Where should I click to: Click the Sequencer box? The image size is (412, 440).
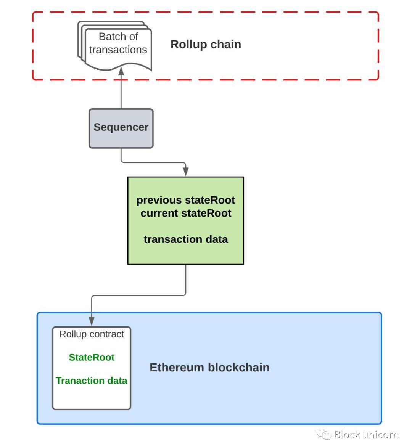(x=121, y=128)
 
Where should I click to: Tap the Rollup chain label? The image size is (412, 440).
(x=206, y=44)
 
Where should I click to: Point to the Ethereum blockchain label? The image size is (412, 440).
(x=209, y=367)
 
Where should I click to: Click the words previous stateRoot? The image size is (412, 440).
(x=186, y=200)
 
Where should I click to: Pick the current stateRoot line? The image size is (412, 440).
(x=186, y=213)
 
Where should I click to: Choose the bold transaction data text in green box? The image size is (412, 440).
(x=186, y=239)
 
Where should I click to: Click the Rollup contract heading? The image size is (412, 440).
(x=92, y=334)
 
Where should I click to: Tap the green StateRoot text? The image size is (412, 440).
(x=92, y=357)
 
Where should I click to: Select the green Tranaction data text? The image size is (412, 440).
(x=92, y=381)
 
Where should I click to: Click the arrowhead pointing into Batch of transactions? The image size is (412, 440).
(x=121, y=71)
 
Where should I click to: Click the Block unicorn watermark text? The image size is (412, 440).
(x=366, y=434)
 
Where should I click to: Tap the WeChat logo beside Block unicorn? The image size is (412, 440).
(x=323, y=434)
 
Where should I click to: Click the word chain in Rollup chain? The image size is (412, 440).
(x=225, y=44)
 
